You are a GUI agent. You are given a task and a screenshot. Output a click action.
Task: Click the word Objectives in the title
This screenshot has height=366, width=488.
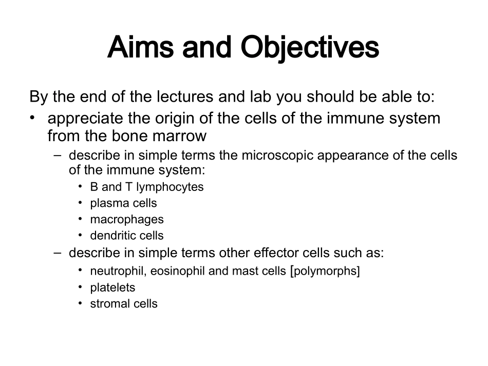coord(310,47)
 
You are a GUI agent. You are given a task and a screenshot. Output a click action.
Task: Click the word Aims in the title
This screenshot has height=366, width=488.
coord(140,47)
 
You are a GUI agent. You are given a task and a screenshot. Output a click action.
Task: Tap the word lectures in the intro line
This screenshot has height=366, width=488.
coord(184,97)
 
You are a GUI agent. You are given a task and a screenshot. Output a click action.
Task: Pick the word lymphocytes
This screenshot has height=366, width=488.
coord(170,187)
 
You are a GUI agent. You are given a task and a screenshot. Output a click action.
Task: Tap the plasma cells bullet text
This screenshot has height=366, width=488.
coord(124,204)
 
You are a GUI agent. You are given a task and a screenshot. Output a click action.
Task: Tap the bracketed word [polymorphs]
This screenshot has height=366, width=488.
coord(325,272)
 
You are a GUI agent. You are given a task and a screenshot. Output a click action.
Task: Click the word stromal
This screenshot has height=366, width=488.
coord(105,304)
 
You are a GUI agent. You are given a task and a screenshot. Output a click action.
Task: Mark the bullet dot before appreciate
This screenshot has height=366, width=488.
coord(32,118)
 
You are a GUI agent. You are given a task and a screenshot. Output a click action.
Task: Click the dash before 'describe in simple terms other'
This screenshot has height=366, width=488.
coord(58,253)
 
